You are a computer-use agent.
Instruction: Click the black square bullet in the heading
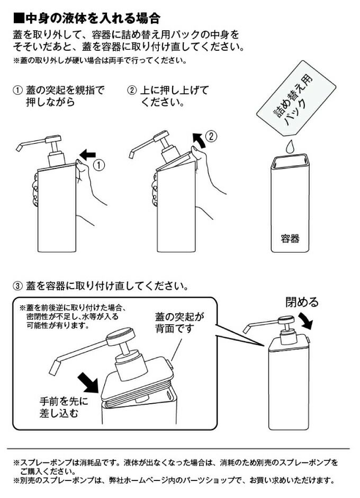point(19,18)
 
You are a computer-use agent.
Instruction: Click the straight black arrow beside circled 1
point(87,155)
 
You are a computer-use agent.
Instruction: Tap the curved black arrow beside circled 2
point(199,140)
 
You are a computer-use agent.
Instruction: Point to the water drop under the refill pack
point(290,147)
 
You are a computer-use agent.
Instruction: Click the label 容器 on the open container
point(290,238)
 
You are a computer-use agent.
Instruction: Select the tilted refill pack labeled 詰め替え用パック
point(295,99)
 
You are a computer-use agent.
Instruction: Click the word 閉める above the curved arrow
point(302,302)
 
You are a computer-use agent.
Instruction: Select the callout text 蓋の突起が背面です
point(179,322)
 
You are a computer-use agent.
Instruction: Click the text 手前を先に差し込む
point(64,407)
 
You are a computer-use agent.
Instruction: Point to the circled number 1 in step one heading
point(17,91)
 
